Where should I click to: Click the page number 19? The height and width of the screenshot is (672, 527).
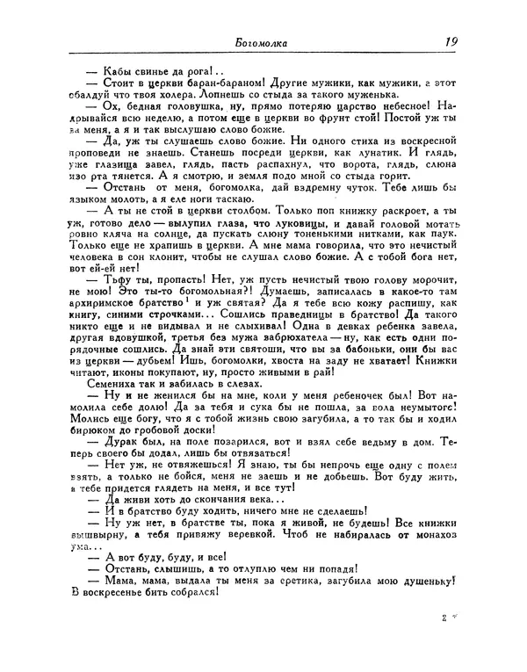(x=455, y=40)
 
